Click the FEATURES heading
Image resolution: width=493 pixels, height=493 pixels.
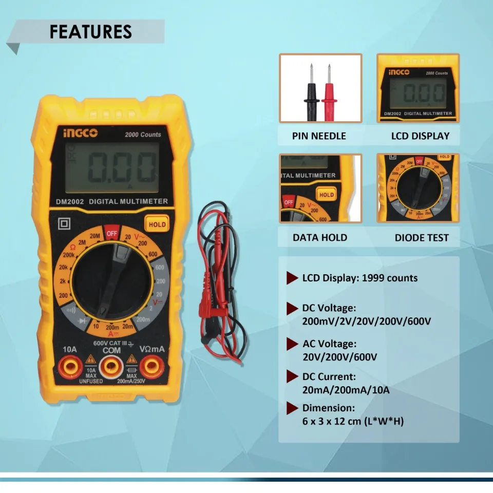click(x=91, y=31)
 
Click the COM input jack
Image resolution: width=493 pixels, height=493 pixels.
click(x=111, y=366)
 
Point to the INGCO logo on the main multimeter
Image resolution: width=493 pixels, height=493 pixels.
click(x=80, y=134)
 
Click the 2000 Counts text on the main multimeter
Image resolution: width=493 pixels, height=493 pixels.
click(x=143, y=135)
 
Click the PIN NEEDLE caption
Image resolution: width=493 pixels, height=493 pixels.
click(x=319, y=136)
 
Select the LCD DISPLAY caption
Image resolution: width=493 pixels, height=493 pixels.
click(x=420, y=136)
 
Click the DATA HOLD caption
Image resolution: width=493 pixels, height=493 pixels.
click(x=320, y=238)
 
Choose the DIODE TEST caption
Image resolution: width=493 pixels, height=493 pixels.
click(x=422, y=238)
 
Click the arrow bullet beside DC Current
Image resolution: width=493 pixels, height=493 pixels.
click(x=292, y=378)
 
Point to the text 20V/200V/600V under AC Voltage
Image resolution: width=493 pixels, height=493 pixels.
click(x=339, y=356)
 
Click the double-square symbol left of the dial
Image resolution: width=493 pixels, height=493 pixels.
click(x=65, y=224)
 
